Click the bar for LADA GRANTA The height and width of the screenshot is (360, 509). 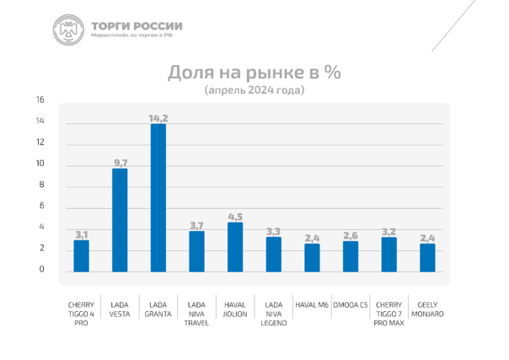[158, 198]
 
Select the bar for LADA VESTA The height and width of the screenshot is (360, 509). [120, 220]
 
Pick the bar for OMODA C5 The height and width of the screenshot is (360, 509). [350, 256]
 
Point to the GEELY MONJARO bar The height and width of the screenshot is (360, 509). [427, 257]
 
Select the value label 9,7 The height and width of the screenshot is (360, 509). [120, 163]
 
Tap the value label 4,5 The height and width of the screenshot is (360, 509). [235, 216]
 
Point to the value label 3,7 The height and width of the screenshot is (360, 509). [196, 225]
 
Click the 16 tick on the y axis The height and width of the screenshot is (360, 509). [40, 100]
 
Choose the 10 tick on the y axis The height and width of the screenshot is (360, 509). [40, 164]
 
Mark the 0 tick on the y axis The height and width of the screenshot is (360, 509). [41, 271]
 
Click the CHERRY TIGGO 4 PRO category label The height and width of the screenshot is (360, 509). [81, 314]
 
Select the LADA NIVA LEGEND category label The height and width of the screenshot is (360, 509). [273, 314]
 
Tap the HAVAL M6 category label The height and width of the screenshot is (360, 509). [312, 304]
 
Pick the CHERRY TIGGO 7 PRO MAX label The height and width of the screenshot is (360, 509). [388, 314]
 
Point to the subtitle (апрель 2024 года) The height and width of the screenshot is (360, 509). [254, 89]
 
